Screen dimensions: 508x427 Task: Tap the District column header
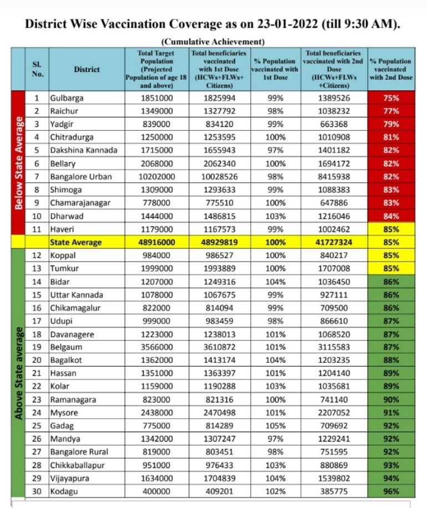87,69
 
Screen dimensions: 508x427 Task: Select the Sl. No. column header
38,69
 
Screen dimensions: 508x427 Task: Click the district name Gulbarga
67,98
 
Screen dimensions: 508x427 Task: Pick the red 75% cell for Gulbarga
390,98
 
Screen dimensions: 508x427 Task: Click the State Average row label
77,242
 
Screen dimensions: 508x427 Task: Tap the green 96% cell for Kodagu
390,491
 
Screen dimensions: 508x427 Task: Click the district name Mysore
64,413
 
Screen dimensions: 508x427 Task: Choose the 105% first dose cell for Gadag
276,425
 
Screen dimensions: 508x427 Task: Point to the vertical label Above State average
19,373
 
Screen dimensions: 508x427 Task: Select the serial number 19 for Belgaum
38,347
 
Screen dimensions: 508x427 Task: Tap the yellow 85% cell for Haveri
390,229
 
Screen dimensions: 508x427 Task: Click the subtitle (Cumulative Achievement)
213,42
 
